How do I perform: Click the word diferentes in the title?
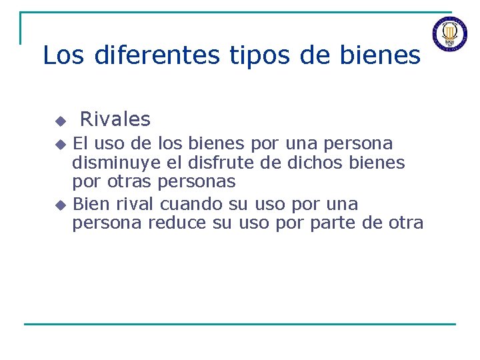(x=157, y=55)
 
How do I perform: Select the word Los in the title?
(x=63, y=55)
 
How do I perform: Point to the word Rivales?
(x=115, y=119)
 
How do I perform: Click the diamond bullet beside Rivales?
(x=60, y=121)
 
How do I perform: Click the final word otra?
(x=405, y=223)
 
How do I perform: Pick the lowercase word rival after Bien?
(x=133, y=203)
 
